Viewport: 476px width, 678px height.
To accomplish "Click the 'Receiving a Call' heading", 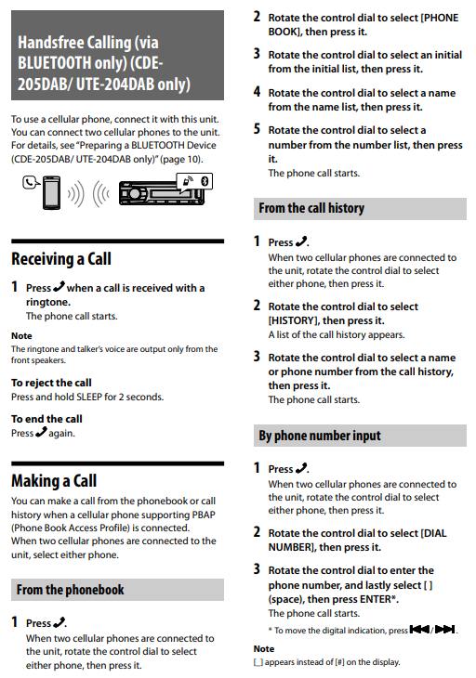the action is [x=61, y=258].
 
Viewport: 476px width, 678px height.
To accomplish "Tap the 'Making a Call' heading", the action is [x=54, y=480].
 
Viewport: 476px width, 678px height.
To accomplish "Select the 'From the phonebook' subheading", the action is [x=70, y=590].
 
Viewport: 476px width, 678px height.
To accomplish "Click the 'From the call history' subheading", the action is [x=311, y=208].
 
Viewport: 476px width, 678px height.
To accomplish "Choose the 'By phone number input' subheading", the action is [x=320, y=435].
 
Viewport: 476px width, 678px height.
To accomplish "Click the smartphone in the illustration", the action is [x=51, y=193].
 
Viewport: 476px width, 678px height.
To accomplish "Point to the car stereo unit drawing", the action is [x=161, y=192].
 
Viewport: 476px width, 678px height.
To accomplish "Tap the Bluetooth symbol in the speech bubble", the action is [x=205, y=181].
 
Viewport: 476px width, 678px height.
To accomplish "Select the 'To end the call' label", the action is [x=46, y=419].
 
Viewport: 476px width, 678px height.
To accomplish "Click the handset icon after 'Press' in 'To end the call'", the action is [x=41, y=432].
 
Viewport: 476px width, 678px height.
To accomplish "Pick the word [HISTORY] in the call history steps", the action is [x=291, y=320].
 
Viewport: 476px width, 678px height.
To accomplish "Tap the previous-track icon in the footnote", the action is [x=419, y=629].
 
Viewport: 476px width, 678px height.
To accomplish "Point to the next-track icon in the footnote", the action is [x=444, y=629].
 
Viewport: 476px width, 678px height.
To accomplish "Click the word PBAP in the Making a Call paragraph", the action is [x=204, y=515].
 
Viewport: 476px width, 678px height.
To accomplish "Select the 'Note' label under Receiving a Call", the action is [x=21, y=335].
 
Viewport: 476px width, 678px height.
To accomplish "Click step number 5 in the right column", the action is [x=257, y=129].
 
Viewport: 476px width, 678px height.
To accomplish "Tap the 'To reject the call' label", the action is [x=51, y=383].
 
